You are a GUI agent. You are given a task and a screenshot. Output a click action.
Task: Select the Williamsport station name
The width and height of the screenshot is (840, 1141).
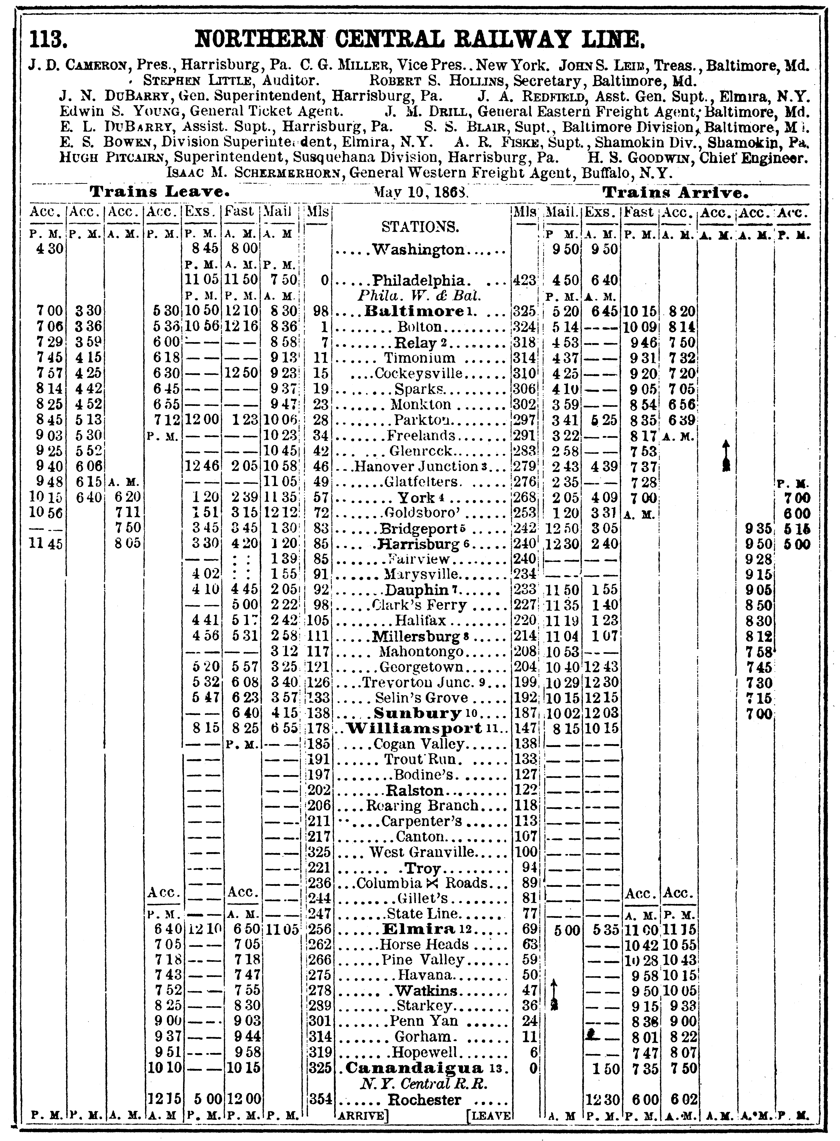[x=414, y=728]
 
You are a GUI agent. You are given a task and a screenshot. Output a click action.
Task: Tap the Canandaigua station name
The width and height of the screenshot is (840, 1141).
[x=414, y=1068]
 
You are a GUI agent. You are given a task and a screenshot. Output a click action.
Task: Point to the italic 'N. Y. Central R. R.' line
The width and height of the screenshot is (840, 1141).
[x=424, y=1083]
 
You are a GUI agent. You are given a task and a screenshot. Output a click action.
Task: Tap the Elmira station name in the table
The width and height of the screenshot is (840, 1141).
[x=418, y=929]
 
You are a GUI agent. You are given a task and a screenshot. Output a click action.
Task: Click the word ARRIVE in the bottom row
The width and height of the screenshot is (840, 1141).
[x=362, y=1116]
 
